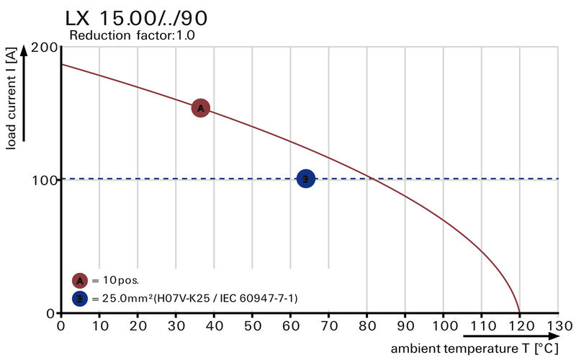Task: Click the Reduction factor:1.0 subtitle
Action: tap(132, 35)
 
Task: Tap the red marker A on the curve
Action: tap(200, 108)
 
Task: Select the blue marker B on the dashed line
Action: tap(305, 179)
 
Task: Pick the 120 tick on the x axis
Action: tap(519, 325)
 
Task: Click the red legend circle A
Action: tap(80, 280)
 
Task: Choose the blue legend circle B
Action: tap(80, 297)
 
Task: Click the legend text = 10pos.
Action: tap(115, 280)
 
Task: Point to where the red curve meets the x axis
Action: tap(519, 312)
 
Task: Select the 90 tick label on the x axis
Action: tap(405, 325)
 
